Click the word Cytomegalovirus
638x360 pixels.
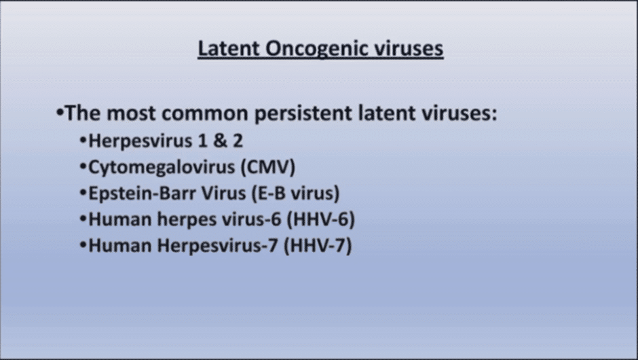coord(162,168)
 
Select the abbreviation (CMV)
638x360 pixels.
coord(267,167)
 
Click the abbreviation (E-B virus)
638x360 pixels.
coord(295,194)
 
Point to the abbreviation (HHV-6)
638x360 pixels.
coord(320,219)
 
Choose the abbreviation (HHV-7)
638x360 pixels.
coord(318,246)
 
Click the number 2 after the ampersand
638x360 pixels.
coord(238,141)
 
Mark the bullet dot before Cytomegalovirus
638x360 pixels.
coord(83,166)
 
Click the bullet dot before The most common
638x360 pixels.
coord(60,112)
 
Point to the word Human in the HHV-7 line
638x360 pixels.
coord(120,246)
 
